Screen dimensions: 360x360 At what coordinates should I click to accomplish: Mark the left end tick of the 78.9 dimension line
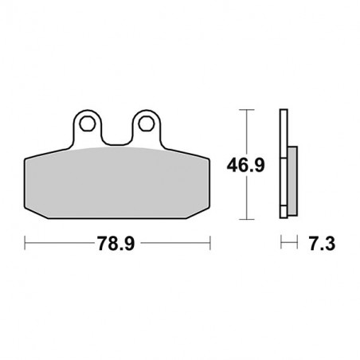[25, 240]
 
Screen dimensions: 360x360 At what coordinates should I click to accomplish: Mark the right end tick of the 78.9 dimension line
[209, 240]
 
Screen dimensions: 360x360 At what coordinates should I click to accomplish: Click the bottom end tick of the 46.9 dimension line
[248, 217]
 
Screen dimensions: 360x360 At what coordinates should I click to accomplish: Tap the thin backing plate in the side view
[283, 163]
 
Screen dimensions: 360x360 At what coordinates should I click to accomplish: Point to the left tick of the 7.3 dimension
[280, 240]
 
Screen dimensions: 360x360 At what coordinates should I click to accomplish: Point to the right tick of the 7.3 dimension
[295, 240]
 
